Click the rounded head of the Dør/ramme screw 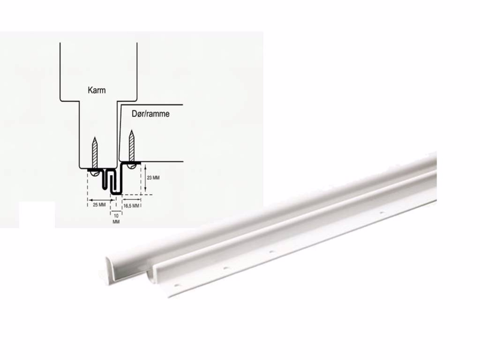pyautogui.click(x=130, y=164)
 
